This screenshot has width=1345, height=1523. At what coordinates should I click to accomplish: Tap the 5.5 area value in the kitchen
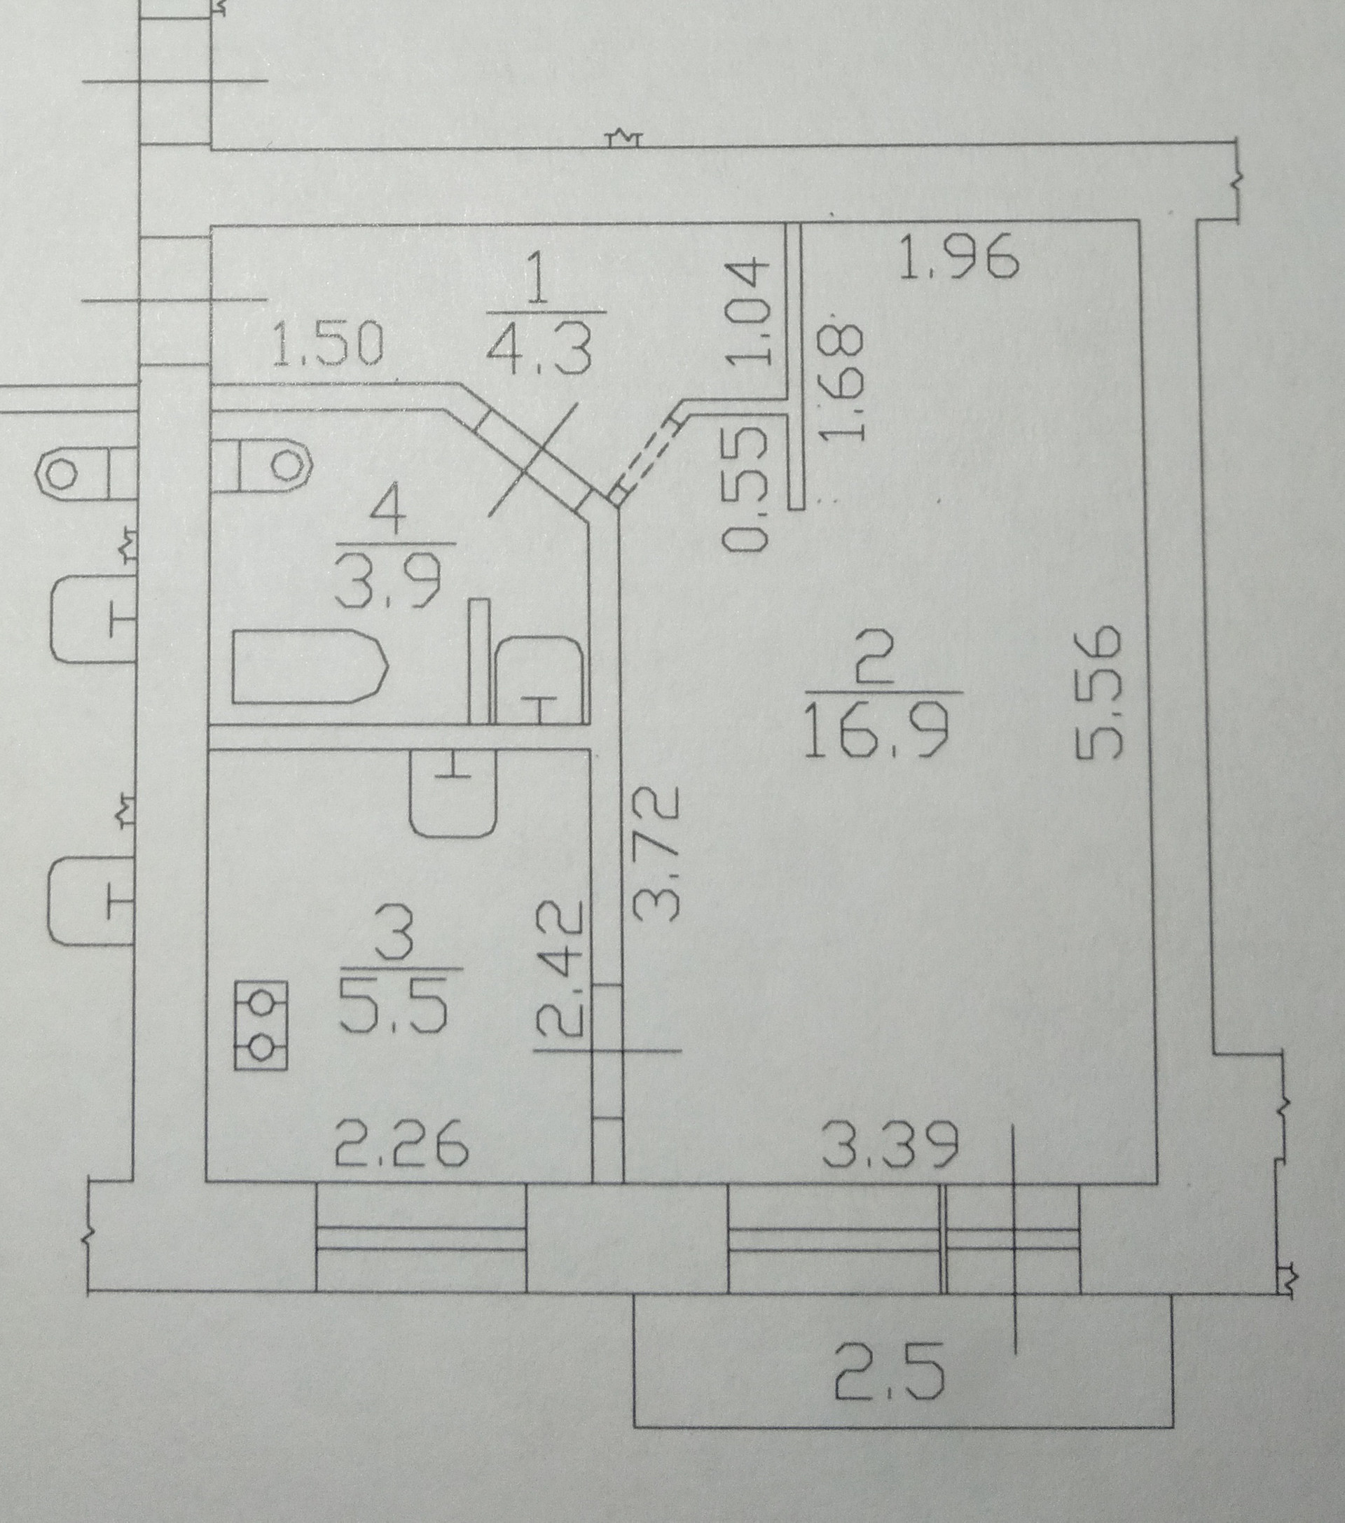[x=394, y=1006]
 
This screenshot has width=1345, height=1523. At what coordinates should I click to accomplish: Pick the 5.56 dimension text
[x=1100, y=693]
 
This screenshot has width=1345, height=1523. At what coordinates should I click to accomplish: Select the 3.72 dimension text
[x=658, y=855]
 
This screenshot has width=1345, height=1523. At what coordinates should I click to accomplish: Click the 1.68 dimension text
[x=848, y=383]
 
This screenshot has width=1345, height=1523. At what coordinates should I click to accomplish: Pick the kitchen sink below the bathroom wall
[x=453, y=793]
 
